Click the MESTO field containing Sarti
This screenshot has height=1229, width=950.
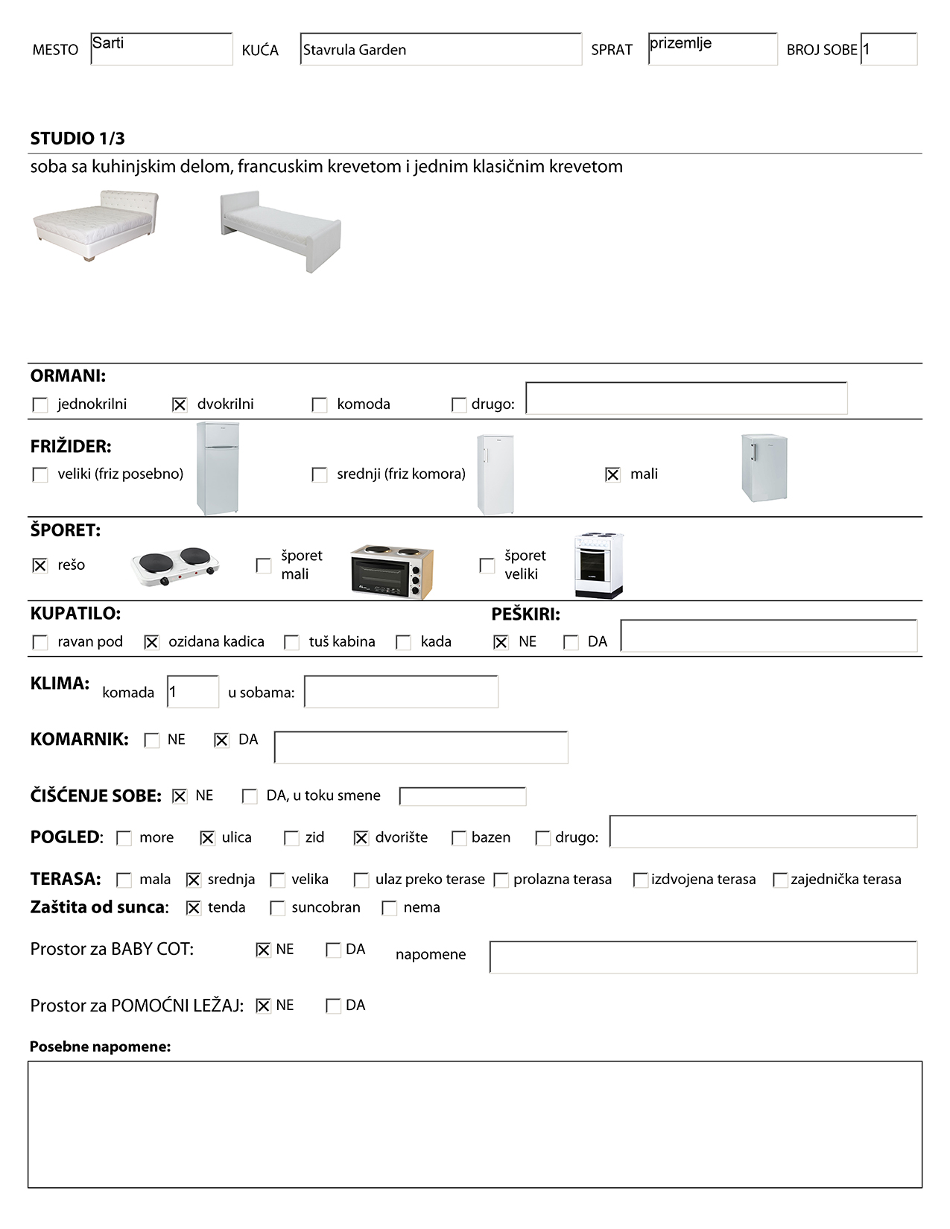pos(161,49)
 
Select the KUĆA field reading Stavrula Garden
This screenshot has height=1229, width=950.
pos(440,49)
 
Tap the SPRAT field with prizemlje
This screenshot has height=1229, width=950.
pos(712,49)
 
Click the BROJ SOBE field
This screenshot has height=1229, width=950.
pos(889,49)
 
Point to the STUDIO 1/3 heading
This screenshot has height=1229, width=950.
pos(77,139)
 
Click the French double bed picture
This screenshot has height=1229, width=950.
pos(96,224)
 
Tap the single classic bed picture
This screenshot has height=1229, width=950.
pos(281,230)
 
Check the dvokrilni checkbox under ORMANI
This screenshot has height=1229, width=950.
pos(180,404)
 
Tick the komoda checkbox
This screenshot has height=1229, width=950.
pos(320,404)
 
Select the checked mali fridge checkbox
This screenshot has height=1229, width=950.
pos(612,474)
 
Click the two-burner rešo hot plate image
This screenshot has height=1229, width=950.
pos(176,567)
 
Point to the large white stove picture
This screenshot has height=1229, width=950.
pos(599,565)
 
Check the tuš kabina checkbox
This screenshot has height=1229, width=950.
pos(292,642)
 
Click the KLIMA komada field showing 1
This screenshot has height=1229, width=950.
pos(193,692)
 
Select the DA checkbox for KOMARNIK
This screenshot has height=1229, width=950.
pos(221,740)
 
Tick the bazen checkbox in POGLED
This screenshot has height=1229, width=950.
pos(459,838)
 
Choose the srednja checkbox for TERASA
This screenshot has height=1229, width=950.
pos(194,880)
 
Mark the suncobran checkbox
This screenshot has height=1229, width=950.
pos(277,908)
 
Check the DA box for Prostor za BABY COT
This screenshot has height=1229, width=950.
pos(333,950)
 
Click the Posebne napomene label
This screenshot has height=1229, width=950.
pos(101,1047)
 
